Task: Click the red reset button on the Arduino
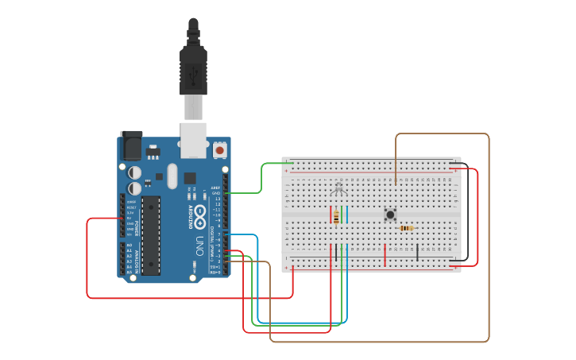tap(219, 149)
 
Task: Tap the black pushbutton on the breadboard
tap(390, 215)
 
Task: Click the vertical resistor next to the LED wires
tap(336, 217)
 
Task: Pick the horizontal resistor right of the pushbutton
tap(406, 228)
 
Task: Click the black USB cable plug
tap(193, 68)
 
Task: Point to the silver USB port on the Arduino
tap(193, 138)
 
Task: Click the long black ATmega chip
tap(151, 235)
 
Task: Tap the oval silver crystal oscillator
tap(172, 176)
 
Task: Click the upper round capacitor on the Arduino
tap(136, 172)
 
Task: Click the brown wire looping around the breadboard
tap(488, 238)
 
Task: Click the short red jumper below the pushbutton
tap(385, 255)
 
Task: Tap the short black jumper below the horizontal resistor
tap(418, 253)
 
